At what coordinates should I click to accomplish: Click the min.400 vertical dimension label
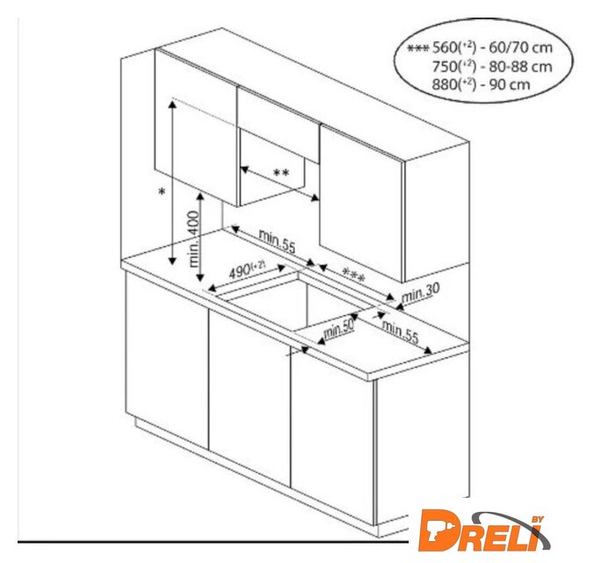(194, 239)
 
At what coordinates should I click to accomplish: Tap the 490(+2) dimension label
(247, 270)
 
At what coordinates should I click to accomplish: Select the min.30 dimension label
(420, 293)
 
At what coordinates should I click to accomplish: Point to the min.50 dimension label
(338, 329)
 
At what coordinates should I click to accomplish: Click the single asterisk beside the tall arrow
(162, 193)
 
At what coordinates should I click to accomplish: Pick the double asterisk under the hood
(281, 173)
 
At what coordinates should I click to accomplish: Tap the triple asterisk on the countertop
(353, 274)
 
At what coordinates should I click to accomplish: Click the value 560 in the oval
(445, 48)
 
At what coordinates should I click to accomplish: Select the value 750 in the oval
(445, 67)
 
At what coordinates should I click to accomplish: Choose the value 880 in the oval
(444, 84)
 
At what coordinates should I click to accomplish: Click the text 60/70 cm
(520, 48)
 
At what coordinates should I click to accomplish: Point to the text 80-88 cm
(520, 67)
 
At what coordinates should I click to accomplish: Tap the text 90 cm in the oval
(509, 84)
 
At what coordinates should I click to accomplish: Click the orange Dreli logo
(484, 531)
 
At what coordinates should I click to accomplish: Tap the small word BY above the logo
(538, 519)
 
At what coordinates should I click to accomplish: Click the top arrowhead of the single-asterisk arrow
(172, 105)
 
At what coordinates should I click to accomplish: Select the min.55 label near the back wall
(277, 241)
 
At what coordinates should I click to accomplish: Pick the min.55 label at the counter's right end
(400, 333)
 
